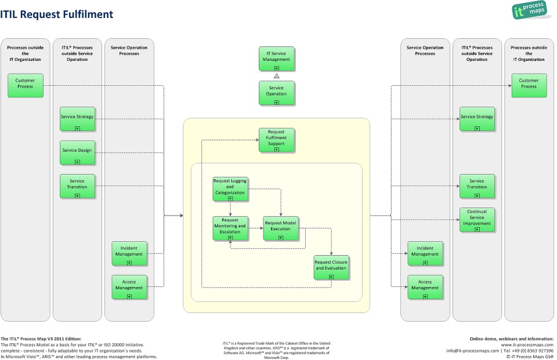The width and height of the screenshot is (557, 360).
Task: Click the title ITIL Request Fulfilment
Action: (57, 14)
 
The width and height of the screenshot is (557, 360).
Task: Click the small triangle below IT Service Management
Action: (277, 76)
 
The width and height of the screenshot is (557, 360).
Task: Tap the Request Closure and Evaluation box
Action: (331, 267)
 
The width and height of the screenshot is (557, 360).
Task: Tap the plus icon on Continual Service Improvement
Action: (477, 229)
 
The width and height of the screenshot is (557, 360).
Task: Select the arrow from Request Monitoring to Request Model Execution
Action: (255, 228)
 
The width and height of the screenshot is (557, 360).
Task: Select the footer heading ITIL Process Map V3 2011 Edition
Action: (41, 339)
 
